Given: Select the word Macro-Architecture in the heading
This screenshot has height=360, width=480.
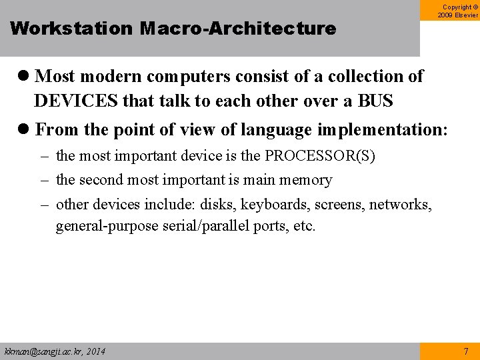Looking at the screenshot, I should [x=238, y=29].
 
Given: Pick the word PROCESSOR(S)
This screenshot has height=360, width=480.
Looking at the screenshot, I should [x=320, y=156].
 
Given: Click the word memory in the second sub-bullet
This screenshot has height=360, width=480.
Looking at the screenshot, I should [x=306, y=180].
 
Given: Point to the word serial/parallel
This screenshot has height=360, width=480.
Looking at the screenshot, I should [x=206, y=226].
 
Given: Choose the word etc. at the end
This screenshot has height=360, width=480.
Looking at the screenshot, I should [x=304, y=226].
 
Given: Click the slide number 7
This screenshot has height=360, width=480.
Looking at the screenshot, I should [x=466, y=351].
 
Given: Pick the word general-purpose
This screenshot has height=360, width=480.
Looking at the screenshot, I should [x=107, y=226].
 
